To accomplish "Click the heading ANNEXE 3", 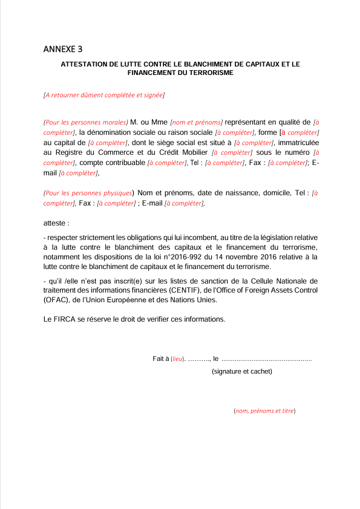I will (x=63, y=49).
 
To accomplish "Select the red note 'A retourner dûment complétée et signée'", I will (x=104, y=95).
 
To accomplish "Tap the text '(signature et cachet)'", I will (x=241, y=371).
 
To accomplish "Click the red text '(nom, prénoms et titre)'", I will (x=264, y=411).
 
